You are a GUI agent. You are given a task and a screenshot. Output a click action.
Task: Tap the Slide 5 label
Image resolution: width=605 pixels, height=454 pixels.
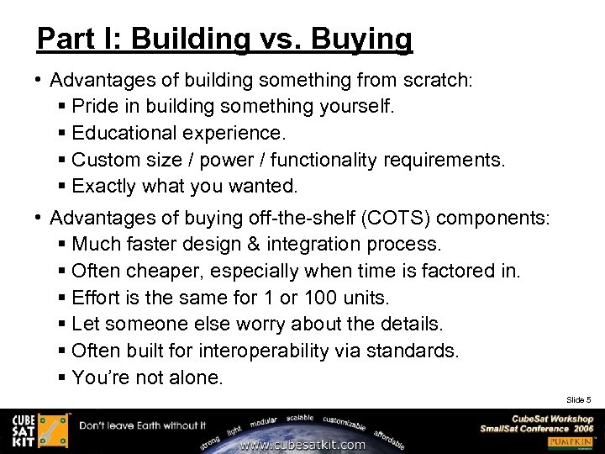click(x=579, y=399)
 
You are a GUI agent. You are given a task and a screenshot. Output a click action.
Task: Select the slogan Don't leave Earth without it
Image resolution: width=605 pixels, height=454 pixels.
click(x=143, y=425)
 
